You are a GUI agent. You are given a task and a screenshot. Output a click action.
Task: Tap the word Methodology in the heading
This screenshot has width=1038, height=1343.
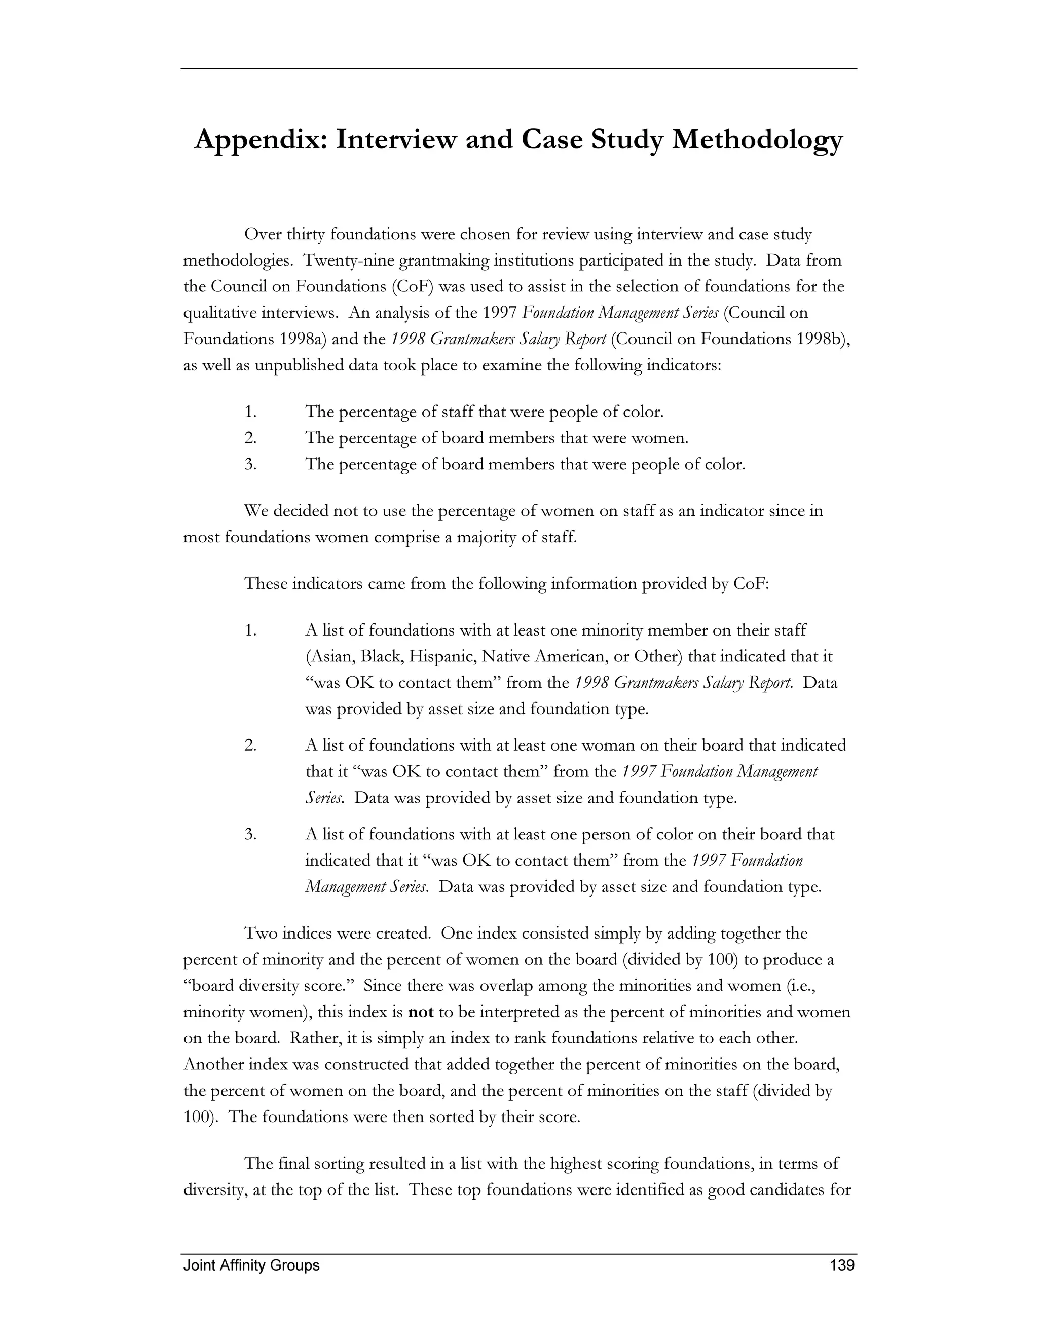[757, 141]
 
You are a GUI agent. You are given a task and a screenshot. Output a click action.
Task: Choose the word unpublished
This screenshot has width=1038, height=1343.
[300, 366]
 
